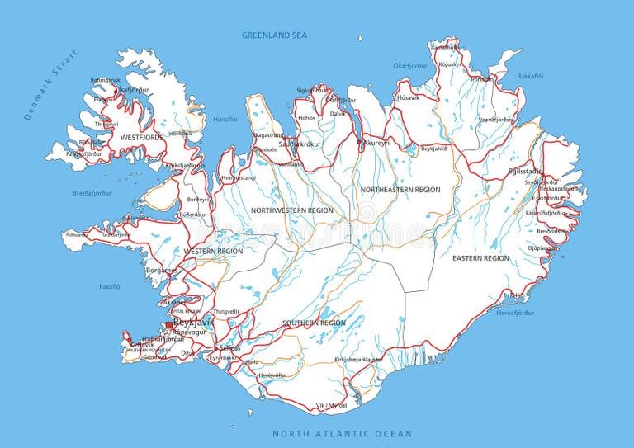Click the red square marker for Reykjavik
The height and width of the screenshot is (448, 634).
[169, 325]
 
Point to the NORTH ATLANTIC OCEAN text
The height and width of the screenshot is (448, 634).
[343, 433]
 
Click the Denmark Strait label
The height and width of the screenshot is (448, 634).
[50, 85]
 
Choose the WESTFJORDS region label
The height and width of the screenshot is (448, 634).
[141, 137]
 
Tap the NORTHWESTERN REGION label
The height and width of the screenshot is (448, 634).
[292, 210]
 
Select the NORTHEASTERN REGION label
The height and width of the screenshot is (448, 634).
[400, 190]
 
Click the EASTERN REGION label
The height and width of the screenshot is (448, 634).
[480, 258]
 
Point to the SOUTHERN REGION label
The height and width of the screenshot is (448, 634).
[314, 323]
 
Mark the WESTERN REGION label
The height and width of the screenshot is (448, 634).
[214, 251]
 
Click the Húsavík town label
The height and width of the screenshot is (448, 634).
[408, 97]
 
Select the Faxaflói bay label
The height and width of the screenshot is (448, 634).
[110, 287]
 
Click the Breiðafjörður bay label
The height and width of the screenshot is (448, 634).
[92, 193]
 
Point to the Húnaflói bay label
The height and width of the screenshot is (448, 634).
[225, 119]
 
